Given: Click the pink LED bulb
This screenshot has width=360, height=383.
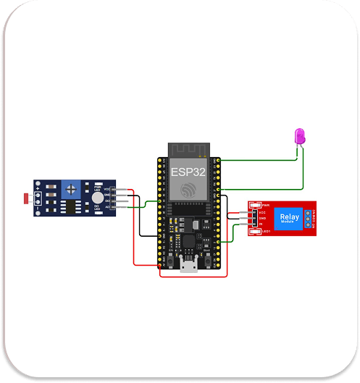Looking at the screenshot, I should [298, 135].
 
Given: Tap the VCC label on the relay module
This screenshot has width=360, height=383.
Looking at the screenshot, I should [261, 211].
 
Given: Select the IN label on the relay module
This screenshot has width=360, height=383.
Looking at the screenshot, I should [261, 224].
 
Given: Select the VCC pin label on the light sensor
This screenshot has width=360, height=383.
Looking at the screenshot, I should [107, 190].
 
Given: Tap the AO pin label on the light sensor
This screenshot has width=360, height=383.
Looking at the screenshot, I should [107, 207].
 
